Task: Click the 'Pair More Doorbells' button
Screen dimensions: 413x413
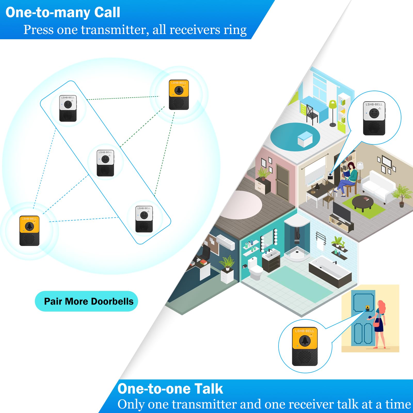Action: click(86, 301)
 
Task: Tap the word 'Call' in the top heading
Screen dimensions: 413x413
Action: click(107, 12)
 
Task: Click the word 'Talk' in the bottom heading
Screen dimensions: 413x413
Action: click(209, 389)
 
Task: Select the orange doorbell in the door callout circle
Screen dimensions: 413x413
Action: click(305, 346)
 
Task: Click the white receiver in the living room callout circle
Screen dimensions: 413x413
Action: click(374, 118)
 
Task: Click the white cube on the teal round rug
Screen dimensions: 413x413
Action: click(305, 139)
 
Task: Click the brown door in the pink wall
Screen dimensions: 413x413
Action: click(282, 182)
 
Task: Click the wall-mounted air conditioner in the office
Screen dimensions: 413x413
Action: click(226, 242)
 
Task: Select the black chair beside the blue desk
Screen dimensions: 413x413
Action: click(312, 114)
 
